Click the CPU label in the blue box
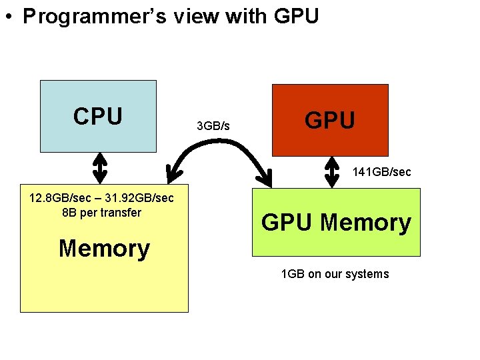click(x=98, y=117)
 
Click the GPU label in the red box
click(x=330, y=121)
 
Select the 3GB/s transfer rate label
click(x=213, y=125)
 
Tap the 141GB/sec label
click(x=382, y=172)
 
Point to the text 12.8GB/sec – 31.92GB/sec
click(x=102, y=198)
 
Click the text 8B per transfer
click(x=101, y=213)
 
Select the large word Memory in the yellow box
click(x=104, y=249)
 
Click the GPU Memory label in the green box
click(x=336, y=223)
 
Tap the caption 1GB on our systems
click(x=335, y=274)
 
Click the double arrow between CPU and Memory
click(x=99, y=167)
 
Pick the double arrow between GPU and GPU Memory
click(x=332, y=171)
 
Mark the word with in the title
click(x=247, y=17)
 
